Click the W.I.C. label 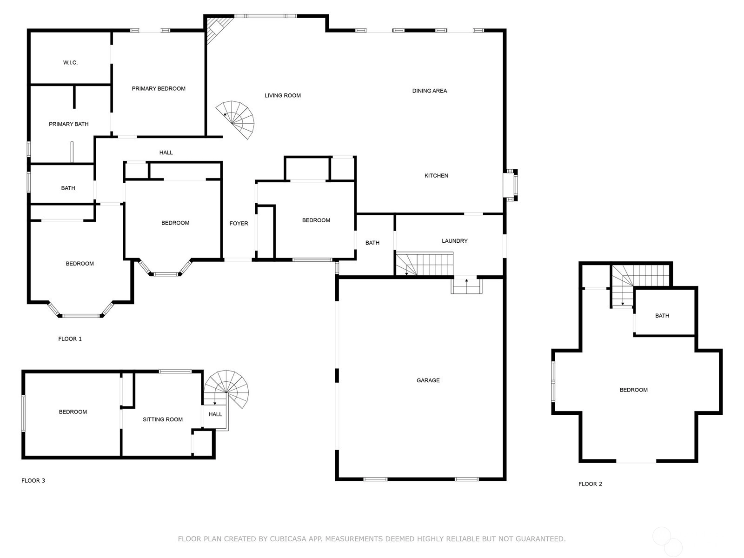click(70, 63)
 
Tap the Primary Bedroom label click(159, 89)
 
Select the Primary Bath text click(69, 124)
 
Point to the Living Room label click(283, 95)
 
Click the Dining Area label click(430, 91)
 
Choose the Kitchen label click(436, 175)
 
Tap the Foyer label click(239, 223)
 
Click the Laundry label click(454, 241)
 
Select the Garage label click(428, 380)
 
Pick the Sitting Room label click(163, 419)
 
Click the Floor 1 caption click(70, 339)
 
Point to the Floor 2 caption click(590, 484)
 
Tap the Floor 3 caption click(33, 480)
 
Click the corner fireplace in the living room click(217, 29)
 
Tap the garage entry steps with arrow click(466, 285)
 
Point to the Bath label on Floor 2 click(662, 316)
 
